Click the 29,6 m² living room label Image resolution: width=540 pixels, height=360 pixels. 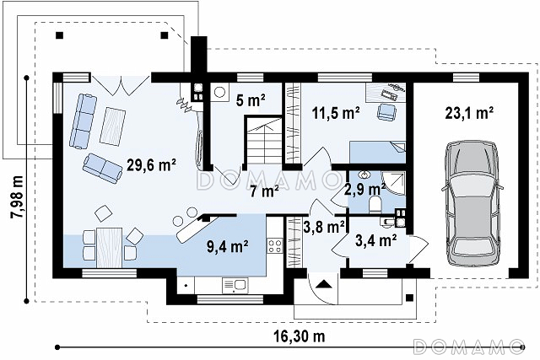(152, 165)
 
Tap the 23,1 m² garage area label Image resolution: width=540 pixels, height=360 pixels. (469, 112)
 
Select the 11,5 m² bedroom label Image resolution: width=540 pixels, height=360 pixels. (336, 112)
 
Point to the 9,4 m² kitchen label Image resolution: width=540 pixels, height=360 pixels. (228, 246)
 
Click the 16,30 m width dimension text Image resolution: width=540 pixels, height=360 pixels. (300, 336)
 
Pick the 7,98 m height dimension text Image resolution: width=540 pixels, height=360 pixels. (17, 197)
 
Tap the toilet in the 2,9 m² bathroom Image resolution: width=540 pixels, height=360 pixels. (375, 203)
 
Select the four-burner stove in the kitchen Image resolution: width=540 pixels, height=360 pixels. (275, 246)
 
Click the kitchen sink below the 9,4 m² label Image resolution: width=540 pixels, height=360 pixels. (235, 286)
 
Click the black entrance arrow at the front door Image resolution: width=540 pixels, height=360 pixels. (323, 284)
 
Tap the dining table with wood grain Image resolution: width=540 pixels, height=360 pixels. (109, 248)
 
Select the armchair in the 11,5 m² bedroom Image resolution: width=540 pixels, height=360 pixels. (387, 112)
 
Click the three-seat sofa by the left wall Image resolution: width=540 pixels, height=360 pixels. (83, 121)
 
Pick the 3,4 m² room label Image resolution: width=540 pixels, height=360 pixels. (376, 240)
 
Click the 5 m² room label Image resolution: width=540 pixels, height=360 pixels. (251, 100)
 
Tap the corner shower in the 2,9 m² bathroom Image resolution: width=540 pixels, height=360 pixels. (395, 183)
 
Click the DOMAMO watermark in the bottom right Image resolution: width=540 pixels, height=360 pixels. (468, 347)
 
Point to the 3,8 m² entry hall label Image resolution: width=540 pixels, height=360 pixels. (324, 227)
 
